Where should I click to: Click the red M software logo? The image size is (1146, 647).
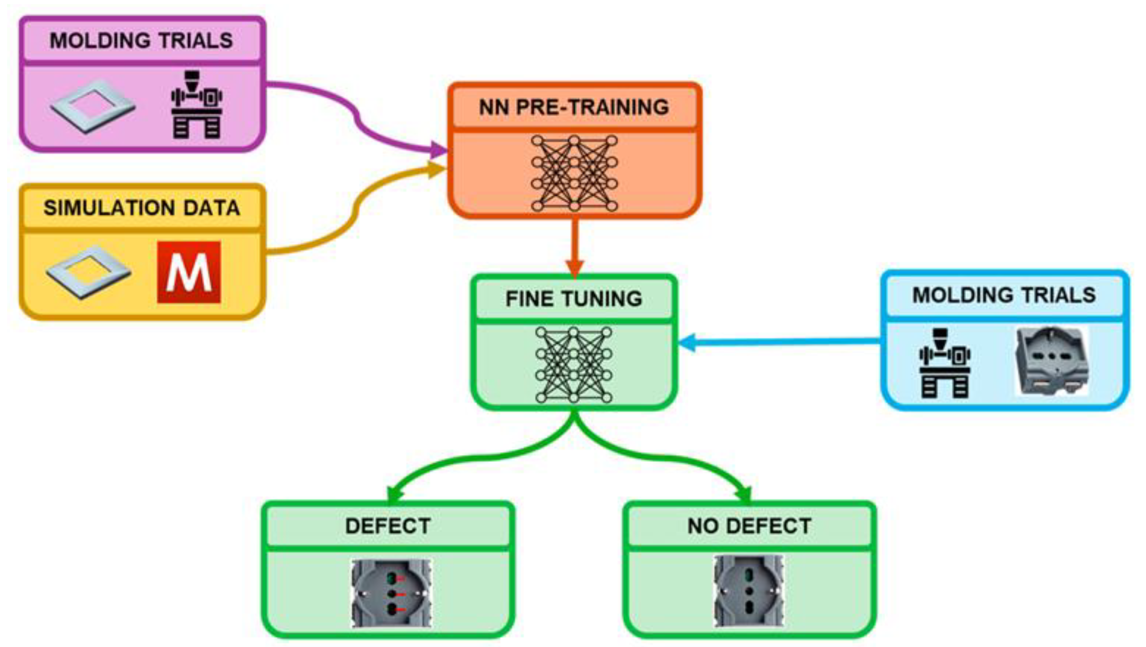click(x=189, y=272)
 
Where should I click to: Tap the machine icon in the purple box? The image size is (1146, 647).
click(x=196, y=105)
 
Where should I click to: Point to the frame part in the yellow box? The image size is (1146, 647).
click(x=89, y=272)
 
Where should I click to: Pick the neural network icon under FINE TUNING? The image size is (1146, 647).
click(x=573, y=365)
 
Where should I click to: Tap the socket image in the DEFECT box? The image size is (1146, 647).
click(x=391, y=593)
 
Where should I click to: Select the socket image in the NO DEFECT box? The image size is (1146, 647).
click(x=749, y=591)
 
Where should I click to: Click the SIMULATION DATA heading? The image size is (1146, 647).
click(x=142, y=208)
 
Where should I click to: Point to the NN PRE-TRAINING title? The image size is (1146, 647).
click(x=574, y=107)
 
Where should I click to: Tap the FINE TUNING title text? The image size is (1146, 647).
click(x=574, y=299)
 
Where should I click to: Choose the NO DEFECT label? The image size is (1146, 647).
click(x=749, y=526)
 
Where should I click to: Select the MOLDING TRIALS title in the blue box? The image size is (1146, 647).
click(x=1004, y=295)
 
